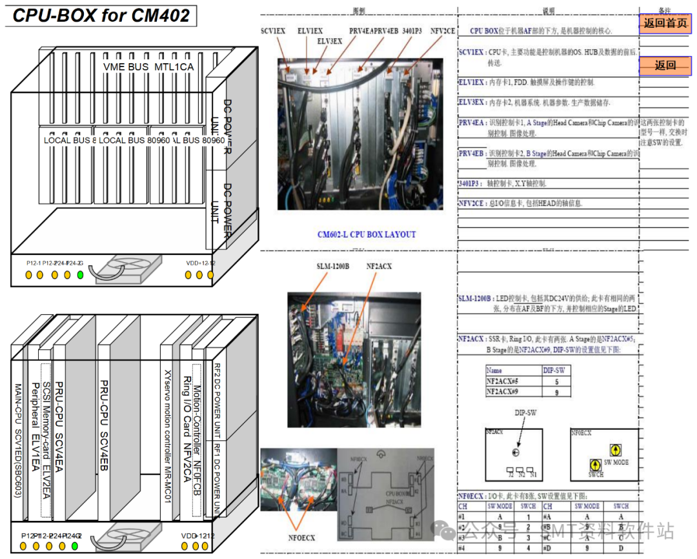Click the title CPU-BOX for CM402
coord(101,15)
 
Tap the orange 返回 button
coord(665,65)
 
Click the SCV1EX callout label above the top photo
coord(273,31)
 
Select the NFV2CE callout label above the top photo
coord(443,31)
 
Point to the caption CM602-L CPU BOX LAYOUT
coord(367,235)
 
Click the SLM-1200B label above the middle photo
coord(332,266)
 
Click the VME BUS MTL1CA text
coord(148,66)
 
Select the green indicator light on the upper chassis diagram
coord(80,275)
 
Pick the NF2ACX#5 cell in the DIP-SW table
coord(511,381)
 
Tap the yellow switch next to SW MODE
coord(615,450)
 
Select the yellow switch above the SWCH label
coord(593,463)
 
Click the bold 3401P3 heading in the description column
coord(469,183)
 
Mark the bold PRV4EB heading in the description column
coord(472,154)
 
